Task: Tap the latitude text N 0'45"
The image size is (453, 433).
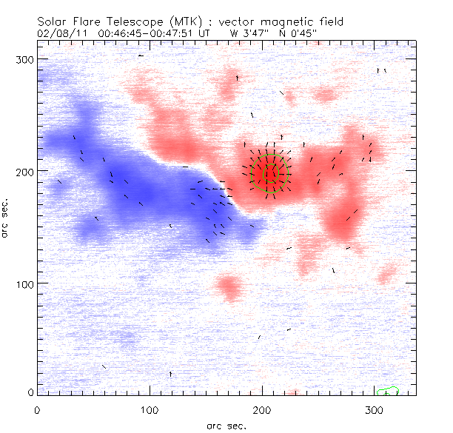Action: coord(303,33)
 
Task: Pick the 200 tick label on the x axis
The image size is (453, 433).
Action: coord(262,409)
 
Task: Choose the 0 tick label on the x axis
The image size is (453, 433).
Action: coord(37,409)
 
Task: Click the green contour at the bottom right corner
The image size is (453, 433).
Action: coord(388,390)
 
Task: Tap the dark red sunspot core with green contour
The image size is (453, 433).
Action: coord(270,173)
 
